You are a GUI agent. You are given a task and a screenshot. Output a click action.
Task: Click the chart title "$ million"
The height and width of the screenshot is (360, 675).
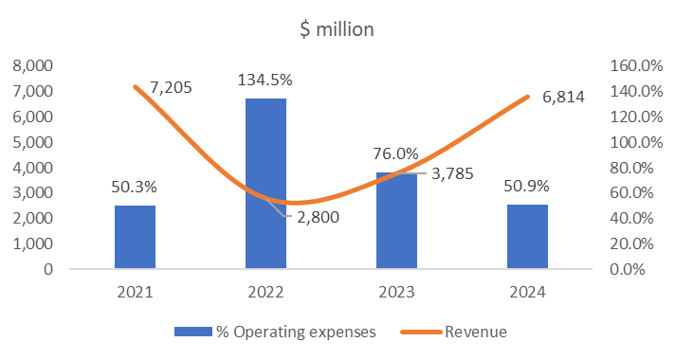337,29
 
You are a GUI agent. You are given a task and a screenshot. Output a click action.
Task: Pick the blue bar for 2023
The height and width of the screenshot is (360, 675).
396,221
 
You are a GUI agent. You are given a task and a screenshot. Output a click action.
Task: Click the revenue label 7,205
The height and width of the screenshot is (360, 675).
172,88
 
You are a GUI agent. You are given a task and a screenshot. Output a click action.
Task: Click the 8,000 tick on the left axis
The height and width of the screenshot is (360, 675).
32,66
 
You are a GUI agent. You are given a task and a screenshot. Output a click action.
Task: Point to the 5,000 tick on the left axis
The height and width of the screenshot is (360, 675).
32,142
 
